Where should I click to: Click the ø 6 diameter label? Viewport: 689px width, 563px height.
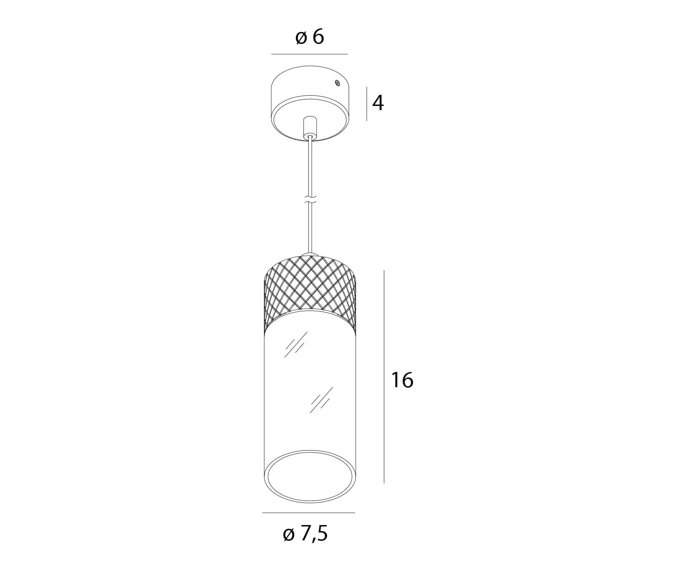tap(309, 37)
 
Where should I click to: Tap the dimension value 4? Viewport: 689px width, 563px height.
tap(378, 103)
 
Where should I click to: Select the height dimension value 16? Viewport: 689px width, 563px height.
tap(402, 380)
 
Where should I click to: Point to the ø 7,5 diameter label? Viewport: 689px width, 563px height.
tap(305, 534)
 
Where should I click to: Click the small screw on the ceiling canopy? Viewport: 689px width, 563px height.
tap(338, 83)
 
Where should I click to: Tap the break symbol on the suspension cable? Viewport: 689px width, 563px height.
tap(310, 200)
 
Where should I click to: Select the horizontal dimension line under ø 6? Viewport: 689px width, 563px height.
tap(309, 54)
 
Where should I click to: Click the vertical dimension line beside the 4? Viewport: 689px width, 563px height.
tap(367, 104)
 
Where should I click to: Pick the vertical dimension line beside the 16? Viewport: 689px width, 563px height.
tap(384, 377)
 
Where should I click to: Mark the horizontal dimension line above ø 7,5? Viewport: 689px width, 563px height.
tap(309, 513)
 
